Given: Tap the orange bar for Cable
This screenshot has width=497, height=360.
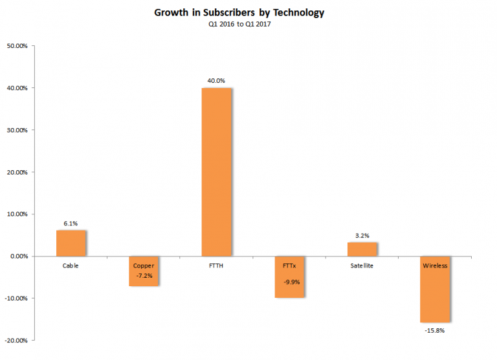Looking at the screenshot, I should coord(71,243).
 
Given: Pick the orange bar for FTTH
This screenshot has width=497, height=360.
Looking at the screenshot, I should coord(216,172).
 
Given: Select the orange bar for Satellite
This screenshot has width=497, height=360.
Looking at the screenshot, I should coord(362,249).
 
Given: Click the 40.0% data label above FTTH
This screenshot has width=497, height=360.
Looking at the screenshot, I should coord(216,81).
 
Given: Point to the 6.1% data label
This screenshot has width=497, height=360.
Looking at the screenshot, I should coord(71,223).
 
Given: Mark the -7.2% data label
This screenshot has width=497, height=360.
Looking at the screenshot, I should coord(143,276).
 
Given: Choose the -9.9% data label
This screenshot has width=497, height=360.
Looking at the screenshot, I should coord(289,282).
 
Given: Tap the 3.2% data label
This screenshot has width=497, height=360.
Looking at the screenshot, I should coord(362,236).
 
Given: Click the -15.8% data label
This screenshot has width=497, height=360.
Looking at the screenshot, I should coord(434,330).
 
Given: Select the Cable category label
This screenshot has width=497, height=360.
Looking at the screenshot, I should coord(71,265).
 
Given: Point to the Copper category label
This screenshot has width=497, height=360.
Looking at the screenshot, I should coord(143,265).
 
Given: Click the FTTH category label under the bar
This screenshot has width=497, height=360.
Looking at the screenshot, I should coord(216,265).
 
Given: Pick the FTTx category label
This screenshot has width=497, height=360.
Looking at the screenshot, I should coord(289,265).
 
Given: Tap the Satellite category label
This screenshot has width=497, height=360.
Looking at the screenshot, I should coord(362,265).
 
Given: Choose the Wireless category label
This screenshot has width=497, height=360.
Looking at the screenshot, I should coord(434,265).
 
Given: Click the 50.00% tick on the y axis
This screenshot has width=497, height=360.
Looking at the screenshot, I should coord(17,46).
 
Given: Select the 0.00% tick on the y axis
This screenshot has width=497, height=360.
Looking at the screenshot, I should coord(18,256).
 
